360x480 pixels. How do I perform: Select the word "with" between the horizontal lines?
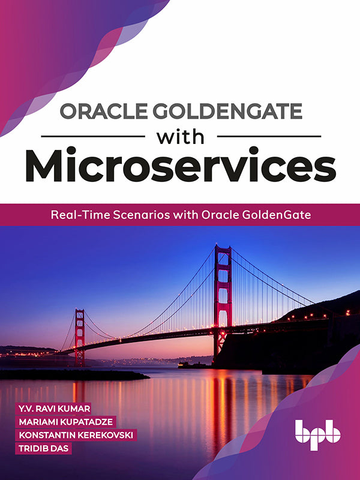(x=179, y=137)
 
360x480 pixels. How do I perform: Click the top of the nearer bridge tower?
(x=223, y=249)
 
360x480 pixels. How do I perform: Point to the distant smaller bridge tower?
(x=80, y=336)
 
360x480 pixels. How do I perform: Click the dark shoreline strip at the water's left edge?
(x=72, y=374)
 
